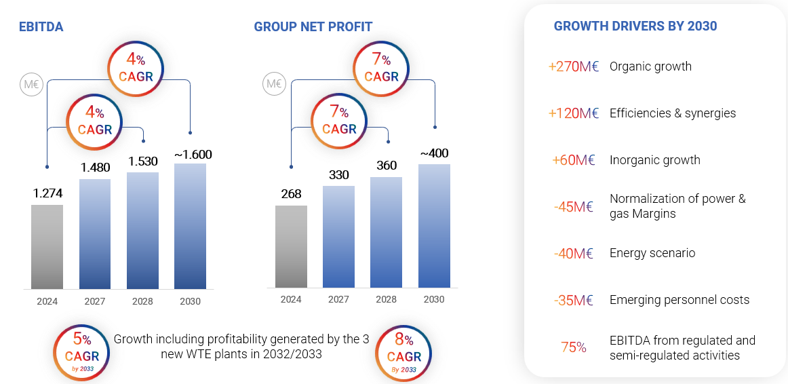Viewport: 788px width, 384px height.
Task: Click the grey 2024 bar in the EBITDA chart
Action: click(47, 247)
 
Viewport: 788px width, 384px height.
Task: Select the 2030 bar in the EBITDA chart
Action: click(190, 227)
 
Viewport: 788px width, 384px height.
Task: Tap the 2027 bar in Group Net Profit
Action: click(338, 236)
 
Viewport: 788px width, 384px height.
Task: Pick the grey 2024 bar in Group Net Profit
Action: click(291, 247)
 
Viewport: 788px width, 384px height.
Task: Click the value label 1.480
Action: click(95, 167)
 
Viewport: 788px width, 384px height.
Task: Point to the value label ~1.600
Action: click(193, 154)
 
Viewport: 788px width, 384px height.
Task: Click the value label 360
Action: click(386, 166)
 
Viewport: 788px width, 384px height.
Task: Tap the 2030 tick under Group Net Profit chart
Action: click(434, 299)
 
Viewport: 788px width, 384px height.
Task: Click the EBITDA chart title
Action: click(41, 27)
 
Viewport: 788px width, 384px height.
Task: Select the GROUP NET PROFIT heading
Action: click(313, 27)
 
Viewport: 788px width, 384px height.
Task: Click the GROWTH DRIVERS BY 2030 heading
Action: click(635, 26)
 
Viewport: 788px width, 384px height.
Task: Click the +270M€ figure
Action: click(573, 66)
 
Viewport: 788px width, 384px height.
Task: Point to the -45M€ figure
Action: click(573, 206)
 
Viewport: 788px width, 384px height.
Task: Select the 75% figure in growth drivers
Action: click(573, 347)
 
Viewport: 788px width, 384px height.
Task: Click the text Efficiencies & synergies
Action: click(672, 113)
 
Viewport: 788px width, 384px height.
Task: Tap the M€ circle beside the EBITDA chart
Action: click(31, 85)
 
